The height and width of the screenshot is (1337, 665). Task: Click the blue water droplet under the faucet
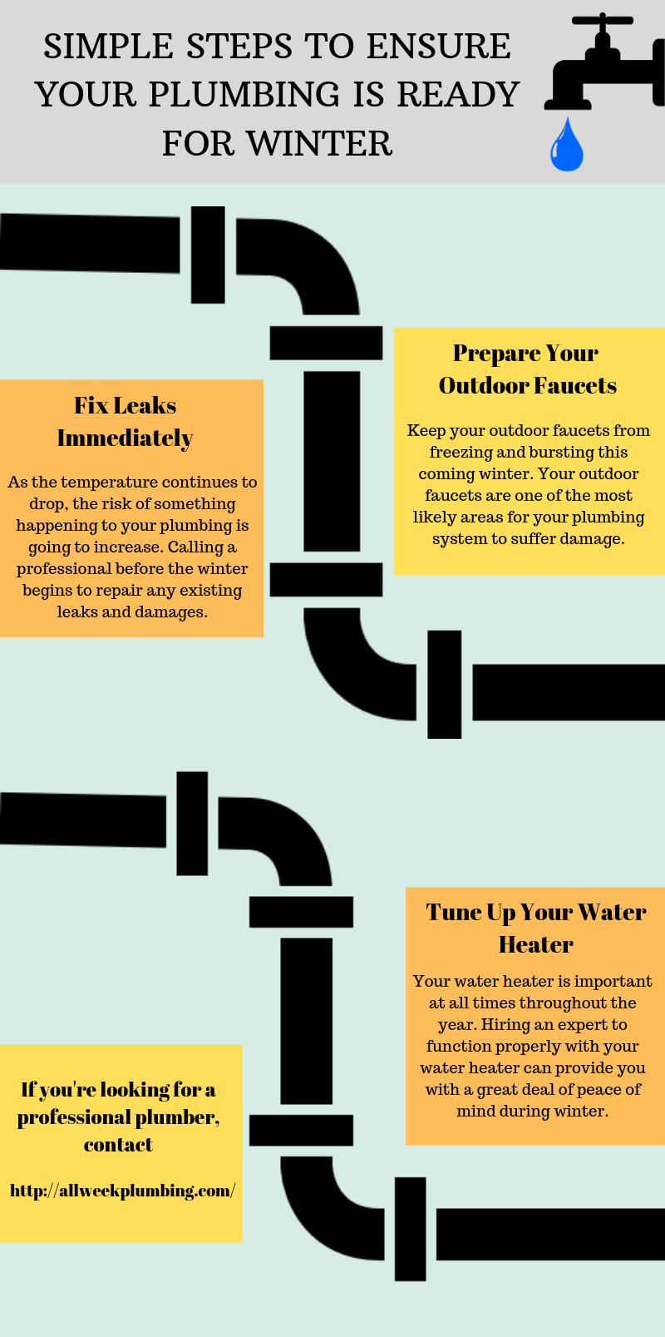[x=566, y=145]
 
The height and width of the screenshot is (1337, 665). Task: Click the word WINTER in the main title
[x=320, y=143]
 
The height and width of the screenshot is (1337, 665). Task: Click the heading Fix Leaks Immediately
[x=126, y=421]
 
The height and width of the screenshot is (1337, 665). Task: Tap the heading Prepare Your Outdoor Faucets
[x=527, y=369]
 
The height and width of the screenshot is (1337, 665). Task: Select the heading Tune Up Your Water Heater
[x=535, y=928]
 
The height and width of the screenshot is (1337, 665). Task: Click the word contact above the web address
[x=118, y=1145]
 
